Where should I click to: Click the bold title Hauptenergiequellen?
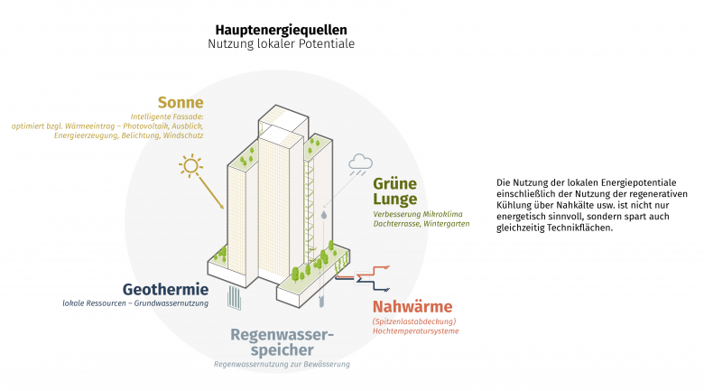tap(281, 30)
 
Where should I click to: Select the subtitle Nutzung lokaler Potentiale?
tap(281, 44)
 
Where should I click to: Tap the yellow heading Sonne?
tap(181, 102)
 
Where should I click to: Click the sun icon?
tap(190, 165)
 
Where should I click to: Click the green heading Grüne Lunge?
tap(395, 191)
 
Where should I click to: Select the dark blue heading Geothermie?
tap(166, 289)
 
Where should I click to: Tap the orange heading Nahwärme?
tap(412, 306)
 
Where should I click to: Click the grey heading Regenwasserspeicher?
tap(282, 342)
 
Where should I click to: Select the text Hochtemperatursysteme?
tap(416, 331)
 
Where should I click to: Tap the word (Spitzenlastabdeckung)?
tap(414, 321)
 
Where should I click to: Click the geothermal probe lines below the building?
tap(235, 297)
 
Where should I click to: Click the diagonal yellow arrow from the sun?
tap(211, 193)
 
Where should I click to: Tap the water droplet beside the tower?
tap(324, 215)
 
